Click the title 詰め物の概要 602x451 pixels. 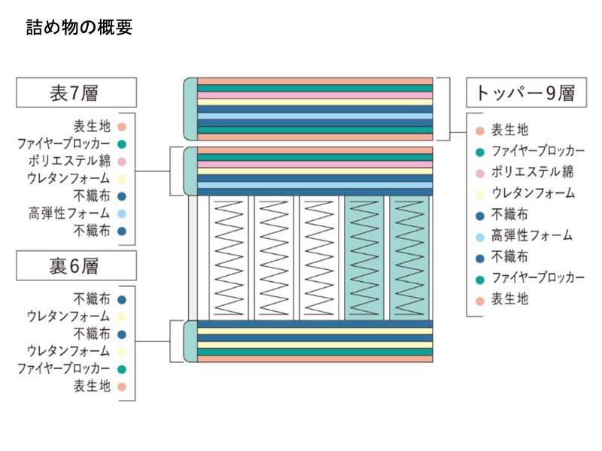pos(79,28)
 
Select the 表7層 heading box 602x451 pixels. pos(76,92)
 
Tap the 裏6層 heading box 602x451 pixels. pos(76,265)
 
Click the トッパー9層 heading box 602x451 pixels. pos(525,92)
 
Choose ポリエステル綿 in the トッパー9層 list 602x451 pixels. pos(532,171)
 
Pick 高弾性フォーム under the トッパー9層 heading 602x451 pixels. pos(532,235)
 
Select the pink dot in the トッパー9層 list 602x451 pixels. pos(479,172)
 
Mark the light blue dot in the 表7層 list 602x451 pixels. pos(121,214)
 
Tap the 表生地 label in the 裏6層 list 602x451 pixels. pos(92,386)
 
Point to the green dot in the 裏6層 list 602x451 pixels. pos(121,369)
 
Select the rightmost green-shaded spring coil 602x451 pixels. pos(409,256)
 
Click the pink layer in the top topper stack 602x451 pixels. pos(315,95)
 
